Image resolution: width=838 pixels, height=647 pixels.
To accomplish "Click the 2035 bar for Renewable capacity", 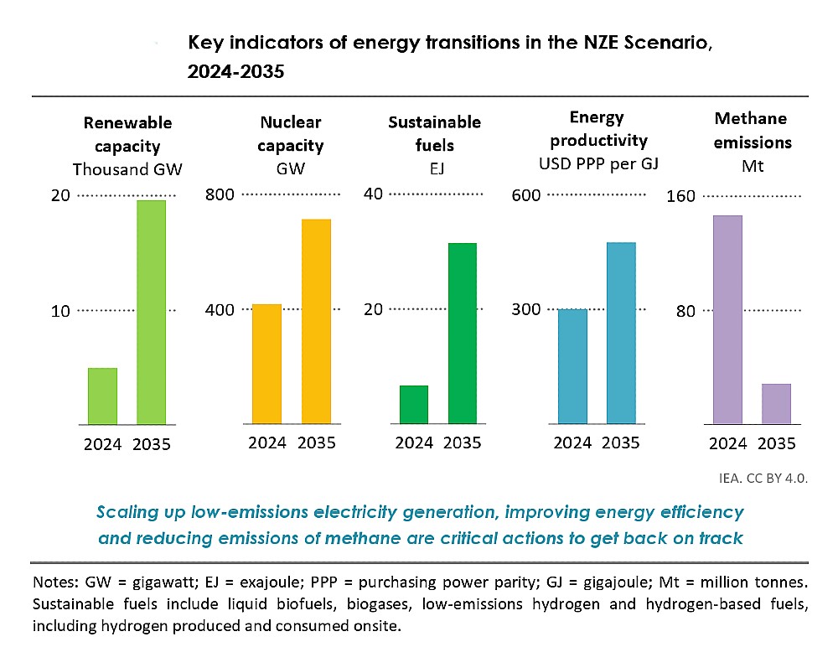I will tap(151, 312).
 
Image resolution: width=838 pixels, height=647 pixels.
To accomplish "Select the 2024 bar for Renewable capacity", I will tap(102, 396).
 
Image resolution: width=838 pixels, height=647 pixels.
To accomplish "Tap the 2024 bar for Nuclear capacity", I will tap(266, 364).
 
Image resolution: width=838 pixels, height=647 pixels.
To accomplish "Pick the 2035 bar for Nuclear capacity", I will tap(316, 321).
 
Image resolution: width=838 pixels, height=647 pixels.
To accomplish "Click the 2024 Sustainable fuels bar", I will tap(414, 404).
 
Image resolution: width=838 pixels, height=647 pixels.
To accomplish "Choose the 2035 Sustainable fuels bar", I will tap(462, 333).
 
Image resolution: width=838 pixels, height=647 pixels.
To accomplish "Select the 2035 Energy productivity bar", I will tap(621, 333).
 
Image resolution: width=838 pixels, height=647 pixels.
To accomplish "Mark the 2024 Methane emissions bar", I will tap(727, 319).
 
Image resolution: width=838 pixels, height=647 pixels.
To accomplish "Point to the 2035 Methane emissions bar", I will tap(776, 403).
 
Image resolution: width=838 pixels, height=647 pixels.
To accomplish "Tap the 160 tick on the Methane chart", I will tap(680, 196).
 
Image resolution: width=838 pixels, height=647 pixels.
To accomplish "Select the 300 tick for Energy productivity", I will tap(526, 310).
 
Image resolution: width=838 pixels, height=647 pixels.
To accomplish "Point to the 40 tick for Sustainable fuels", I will tap(373, 194).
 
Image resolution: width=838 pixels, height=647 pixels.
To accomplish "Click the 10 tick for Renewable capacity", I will tap(59, 311).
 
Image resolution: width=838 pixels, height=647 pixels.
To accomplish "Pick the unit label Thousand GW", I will tap(127, 169).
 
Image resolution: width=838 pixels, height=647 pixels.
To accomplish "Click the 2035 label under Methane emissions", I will tap(775, 443).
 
